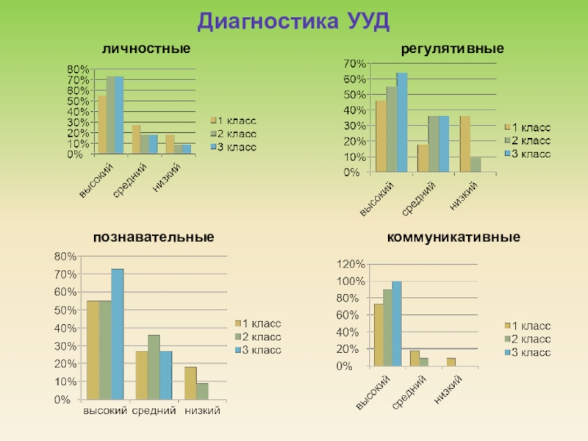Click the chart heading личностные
[146, 49]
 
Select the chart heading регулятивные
[452, 49]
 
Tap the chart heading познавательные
[153, 238]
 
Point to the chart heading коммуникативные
[453, 238]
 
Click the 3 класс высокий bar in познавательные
[118, 334]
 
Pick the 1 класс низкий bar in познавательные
[190, 383]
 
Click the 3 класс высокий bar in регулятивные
[401, 123]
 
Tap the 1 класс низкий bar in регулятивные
[465, 144]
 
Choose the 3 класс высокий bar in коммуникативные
[397, 323]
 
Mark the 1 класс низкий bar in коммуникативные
[451, 362]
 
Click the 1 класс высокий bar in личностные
[102, 125]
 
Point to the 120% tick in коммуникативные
[351, 264]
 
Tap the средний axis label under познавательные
[154, 410]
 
